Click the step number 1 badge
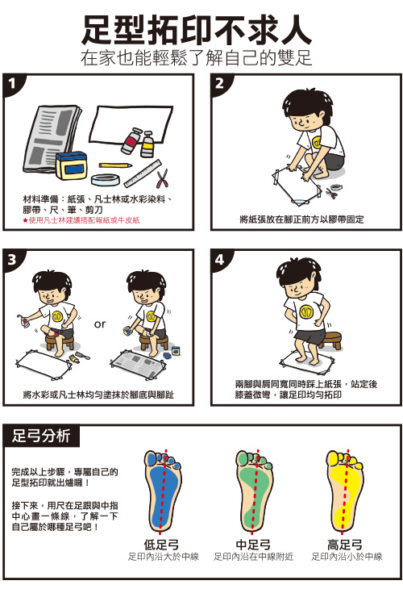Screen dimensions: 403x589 coord(12,83)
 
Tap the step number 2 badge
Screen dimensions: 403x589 coord(220,83)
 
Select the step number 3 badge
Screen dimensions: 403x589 coord(12,259)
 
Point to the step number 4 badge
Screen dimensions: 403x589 coord(220,259)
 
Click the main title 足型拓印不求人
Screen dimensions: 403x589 coord(197,30)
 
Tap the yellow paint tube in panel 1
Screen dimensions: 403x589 coord(147,144)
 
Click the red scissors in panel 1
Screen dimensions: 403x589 coord(162,179)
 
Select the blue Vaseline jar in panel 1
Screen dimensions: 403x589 coord(71,165)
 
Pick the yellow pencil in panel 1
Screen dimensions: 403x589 coord(115,165)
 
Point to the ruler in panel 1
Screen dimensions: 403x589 coord(143,173)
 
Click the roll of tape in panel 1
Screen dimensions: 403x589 coord(106,180)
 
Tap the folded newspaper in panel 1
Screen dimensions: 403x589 coord(51,139)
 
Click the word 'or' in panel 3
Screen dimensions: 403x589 coord(100,324)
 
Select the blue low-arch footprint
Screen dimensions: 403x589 coord(162,491)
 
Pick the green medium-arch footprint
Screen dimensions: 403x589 coord(254,491)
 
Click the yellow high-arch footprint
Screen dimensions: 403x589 coord(344,491)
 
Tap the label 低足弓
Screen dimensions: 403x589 coord(161,545)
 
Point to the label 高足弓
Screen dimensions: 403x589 coord(344,545)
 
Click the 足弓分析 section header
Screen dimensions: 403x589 coord(41,436)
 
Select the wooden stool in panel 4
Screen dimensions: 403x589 coord(330,340)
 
